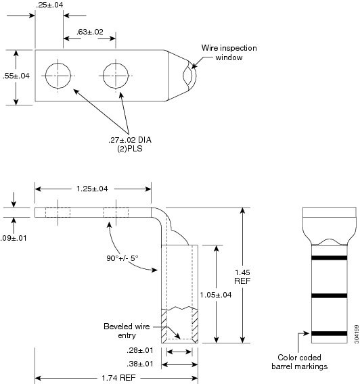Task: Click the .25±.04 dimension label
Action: click(49, 5)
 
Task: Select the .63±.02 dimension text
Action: click(90, 32)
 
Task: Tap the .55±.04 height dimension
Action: click(16, 76)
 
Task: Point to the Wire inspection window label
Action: click(229, 53)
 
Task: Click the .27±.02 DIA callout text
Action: click(130, 140)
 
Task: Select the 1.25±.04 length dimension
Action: click(92, 189)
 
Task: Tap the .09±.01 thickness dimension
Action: click(14, 238)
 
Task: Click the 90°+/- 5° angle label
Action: click(122, 258)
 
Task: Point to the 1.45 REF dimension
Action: click(242, 277)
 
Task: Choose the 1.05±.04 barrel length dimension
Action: click(216, 295)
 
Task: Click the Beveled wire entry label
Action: click(127, 331)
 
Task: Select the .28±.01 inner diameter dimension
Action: click(140, 350)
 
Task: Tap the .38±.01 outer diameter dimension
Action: click(140, 364)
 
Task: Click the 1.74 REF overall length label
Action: click(118, 378)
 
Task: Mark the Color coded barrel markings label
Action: click(300, 362)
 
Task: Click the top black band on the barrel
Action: click(330, 258)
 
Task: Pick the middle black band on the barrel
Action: click(330, 295)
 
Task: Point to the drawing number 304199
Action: click(357, 334)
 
